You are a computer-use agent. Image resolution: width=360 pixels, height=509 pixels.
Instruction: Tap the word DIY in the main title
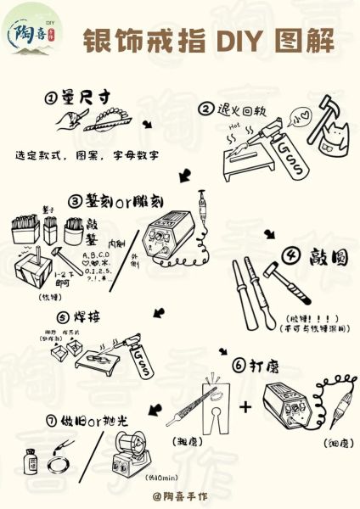click(241, 40)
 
